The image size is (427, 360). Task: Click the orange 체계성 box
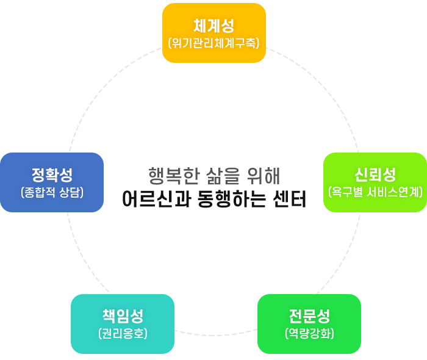pos(214,33)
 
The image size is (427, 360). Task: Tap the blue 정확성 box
pos(52,182)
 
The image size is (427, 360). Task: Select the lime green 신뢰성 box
pos(375,182)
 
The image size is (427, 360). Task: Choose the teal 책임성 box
pos(123,324)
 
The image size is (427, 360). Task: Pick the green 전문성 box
pos(309,324)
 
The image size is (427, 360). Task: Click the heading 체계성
pos(214,26)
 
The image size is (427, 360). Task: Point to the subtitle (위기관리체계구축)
pos(214,43)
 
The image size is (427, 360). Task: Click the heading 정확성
pos(52,175)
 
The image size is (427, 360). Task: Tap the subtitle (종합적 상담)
pos(52,192)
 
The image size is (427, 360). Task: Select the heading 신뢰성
pos(375,175)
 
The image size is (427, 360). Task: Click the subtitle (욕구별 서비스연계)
pos(375,192)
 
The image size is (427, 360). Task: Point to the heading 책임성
pos(123,316)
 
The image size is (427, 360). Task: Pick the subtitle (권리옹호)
pos(123,334)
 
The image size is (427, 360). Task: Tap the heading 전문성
pos(309,316)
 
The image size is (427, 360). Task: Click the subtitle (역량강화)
pos(309,334)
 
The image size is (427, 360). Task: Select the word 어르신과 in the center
pos(156,199)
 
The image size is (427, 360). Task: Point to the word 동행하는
pos(231,199)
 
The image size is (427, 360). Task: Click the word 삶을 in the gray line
pos(223,176)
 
